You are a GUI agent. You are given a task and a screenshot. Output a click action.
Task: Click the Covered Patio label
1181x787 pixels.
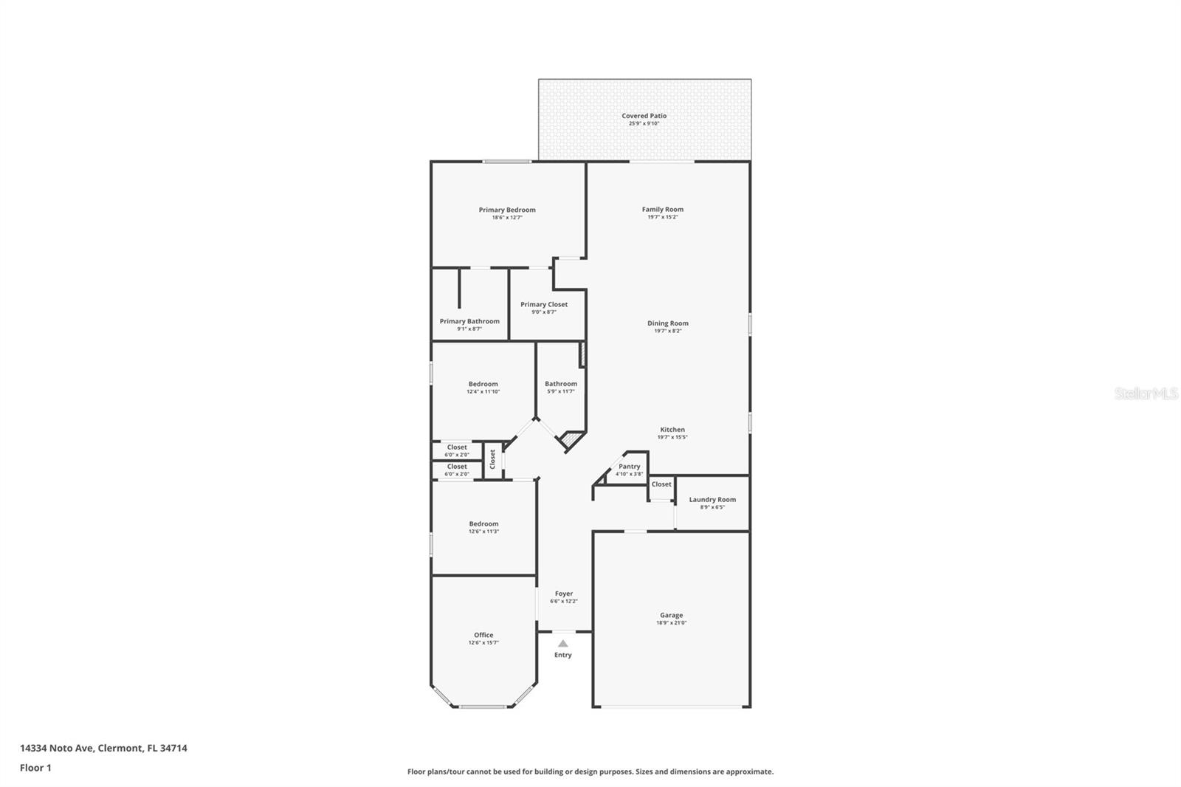point(644,116)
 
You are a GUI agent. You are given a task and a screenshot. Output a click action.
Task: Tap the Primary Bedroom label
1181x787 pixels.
point(507,210)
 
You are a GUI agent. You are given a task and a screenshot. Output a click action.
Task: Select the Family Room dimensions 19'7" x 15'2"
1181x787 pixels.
point(662,217)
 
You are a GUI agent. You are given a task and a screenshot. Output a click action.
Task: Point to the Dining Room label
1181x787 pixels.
point(668,323)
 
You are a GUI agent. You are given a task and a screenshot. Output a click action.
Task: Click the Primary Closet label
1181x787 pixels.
point(544,304)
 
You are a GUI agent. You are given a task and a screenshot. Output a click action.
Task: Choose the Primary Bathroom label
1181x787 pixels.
point(469,321)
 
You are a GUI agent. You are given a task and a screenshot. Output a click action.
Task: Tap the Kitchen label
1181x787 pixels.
point(672,430)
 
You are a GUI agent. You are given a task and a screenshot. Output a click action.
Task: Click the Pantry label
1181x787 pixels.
point(630,467)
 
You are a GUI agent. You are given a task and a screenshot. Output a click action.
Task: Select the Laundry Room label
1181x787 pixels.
point(712,500)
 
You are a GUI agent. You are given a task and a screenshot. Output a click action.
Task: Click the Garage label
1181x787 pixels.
point(671,615)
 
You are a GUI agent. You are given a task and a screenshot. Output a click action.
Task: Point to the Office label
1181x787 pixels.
point(483,635)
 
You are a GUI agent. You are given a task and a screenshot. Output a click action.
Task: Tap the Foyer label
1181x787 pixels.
point(564,594)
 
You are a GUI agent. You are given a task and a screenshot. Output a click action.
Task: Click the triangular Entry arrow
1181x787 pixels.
point(563,644)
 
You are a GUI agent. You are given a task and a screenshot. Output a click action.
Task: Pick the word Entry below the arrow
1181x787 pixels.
point(563,655)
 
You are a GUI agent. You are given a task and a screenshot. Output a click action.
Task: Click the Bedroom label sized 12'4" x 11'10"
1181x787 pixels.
point(483,384)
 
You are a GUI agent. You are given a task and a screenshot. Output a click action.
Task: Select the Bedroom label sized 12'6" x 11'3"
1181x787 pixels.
point(483,524)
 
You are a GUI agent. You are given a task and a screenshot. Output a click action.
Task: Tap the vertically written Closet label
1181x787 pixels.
point(492,459)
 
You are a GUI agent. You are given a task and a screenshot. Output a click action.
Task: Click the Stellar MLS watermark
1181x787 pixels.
point(1146,393)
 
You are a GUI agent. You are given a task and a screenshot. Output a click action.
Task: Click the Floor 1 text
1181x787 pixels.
point(35,768)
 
